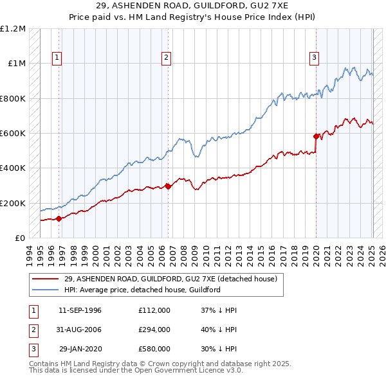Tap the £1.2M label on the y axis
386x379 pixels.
pos(13,29)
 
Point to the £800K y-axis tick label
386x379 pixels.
pos(13,99)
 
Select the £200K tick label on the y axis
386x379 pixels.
pos(13,203)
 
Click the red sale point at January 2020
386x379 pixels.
pos(316,136)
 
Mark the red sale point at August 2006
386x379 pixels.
pos(168,186)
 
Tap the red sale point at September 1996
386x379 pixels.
pos(59,218)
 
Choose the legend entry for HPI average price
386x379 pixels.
pos(142,290)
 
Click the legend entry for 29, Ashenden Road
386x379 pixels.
pos(170,279)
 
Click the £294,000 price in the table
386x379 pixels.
pos(154,330)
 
